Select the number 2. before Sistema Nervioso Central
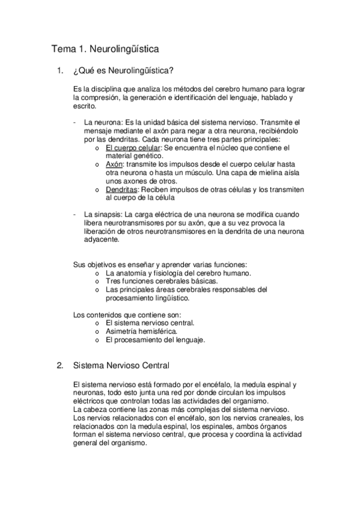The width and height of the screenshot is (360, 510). pos(59,365)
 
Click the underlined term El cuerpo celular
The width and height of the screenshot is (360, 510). pos(132,147)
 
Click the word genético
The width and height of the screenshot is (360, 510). pos(140,155)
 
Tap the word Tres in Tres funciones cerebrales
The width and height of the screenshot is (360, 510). pos(113,281)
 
